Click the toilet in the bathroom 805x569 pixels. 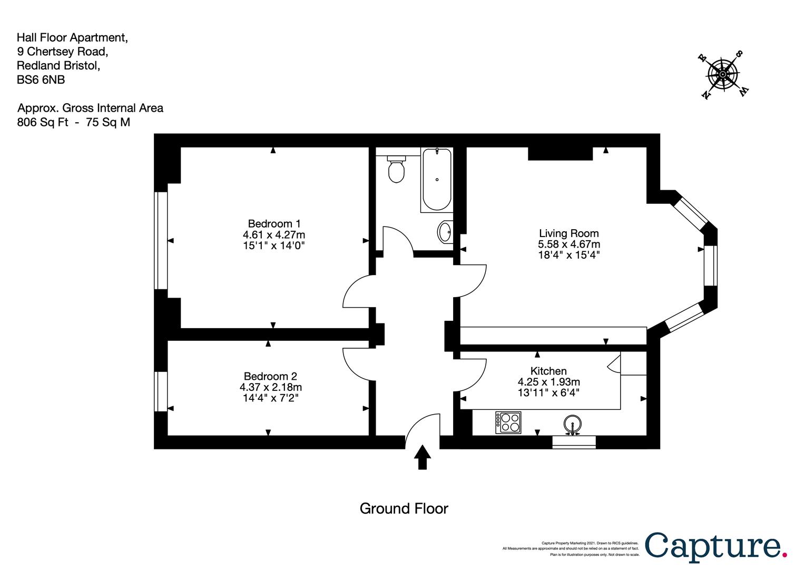(x=396, y=169)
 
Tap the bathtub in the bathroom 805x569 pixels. (x=437, y=180)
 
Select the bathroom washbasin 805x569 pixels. (x=445, y=232)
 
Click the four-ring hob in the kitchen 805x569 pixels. (x=508, y=423)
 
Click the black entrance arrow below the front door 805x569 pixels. (x=423, y=457)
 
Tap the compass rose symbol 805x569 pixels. (x=723, y=75)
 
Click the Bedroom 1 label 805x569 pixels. (x=274, y=223)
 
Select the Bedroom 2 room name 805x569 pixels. (x=270, y=376)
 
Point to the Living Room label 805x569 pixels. (x=569, y=233)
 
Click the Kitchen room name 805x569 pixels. (x=548, y=370)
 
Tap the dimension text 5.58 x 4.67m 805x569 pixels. (x=569, y=244)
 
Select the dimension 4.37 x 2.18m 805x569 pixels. (x=271, y=387)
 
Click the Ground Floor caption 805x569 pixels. (x=404, y=508)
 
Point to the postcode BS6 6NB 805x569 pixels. (x=41, y=80)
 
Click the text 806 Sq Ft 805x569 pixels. (x=43, y=122)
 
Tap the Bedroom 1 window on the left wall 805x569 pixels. (x=161, y=240)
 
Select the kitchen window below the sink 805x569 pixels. (x=574, y=442)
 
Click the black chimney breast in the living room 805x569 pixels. (x=560, y=153)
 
